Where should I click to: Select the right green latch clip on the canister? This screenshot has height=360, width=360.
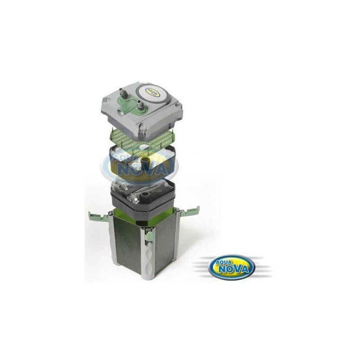pos(189,211)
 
